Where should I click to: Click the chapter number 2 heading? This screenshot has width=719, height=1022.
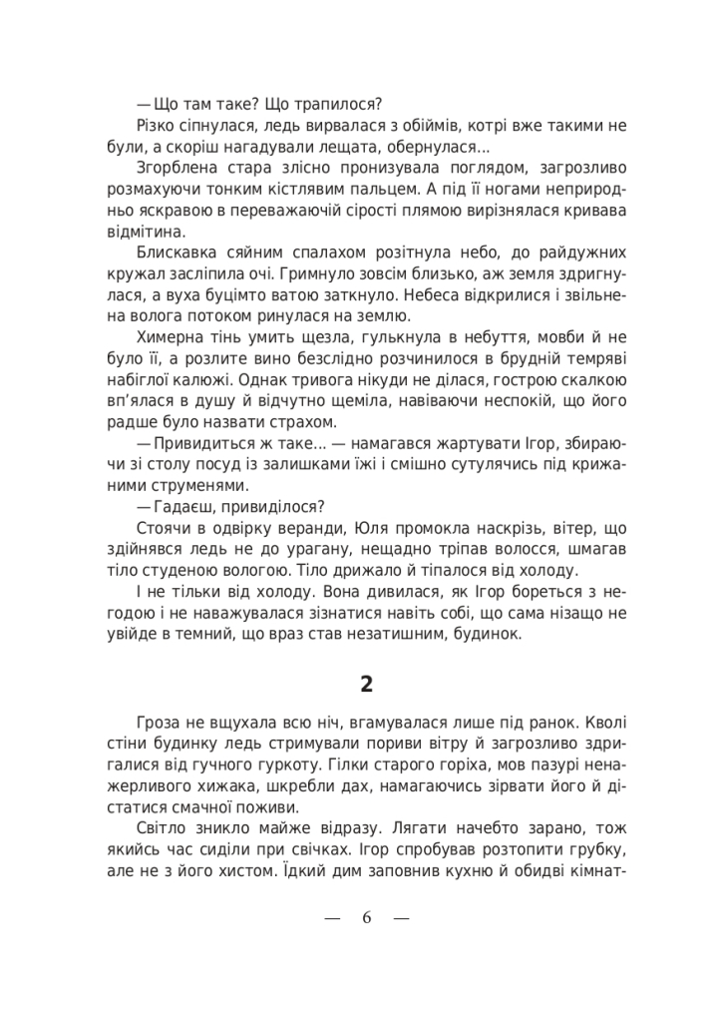367,684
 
